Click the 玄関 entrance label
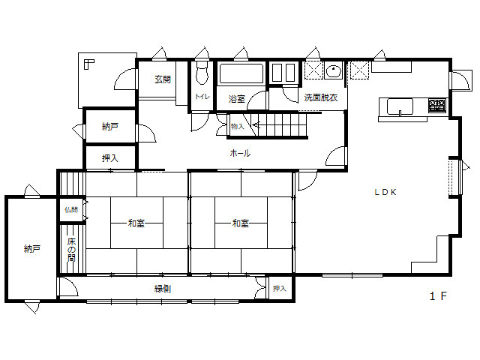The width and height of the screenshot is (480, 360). (x=163, y=79)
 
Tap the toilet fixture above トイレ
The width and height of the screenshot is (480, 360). (x=202, y=73)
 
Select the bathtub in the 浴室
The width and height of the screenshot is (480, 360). (x=241, y=73)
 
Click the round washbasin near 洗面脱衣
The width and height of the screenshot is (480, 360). (x=334, y=71)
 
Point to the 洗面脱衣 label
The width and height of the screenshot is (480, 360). (x=321, y=97)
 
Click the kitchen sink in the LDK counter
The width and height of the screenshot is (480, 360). (x=400, y=106)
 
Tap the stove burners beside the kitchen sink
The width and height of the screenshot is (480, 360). (x=436, y=105)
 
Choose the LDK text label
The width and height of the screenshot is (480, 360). (x=385, y=192)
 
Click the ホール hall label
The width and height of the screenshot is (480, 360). (x=240, y=153)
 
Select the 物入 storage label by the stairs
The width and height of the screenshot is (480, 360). (x=237, y=126)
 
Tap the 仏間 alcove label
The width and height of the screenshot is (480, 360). (x=71, y=210)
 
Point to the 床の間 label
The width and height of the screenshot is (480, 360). (x=71, y=250)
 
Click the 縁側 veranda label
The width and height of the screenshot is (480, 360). (x=163, y=288)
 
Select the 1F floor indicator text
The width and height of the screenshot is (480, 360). (x=438, y=296)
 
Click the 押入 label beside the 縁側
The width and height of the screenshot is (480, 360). (x=279, y=288)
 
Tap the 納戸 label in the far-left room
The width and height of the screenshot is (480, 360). (x=32, y=248)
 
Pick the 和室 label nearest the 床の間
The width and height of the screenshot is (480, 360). (x=136, y=223)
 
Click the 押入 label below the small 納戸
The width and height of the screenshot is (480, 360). (x=110, y=158)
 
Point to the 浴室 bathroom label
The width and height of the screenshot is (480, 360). (x=237, y=99)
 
